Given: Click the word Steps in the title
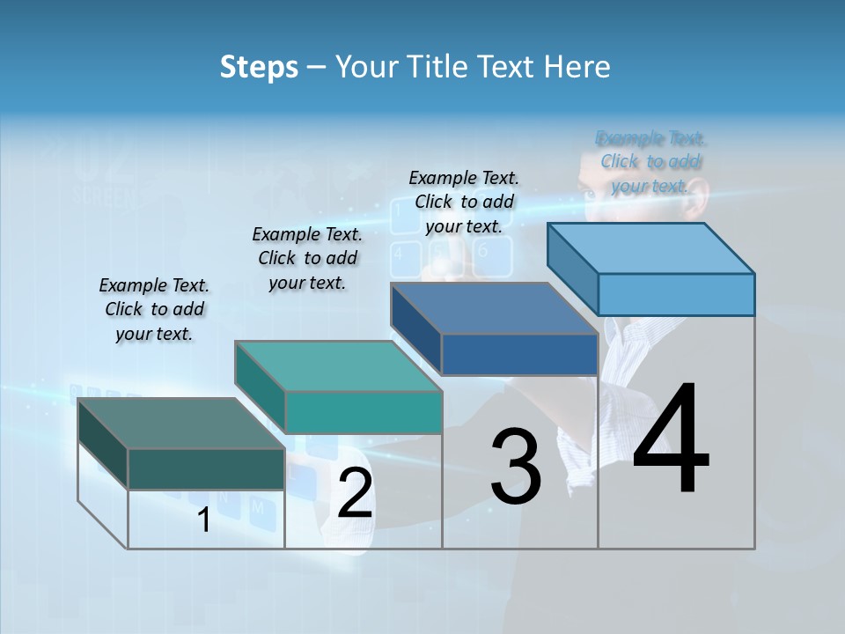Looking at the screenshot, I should [259, 67].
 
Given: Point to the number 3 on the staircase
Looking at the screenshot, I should [516, 466].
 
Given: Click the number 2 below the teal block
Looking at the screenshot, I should [355, 493].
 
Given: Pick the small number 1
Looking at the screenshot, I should [204, 520].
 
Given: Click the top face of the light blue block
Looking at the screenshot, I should [650, 247].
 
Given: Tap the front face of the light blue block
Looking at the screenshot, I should [676, 294].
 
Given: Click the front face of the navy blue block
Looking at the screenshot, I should [519, 354].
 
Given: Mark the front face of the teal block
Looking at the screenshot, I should [363, 412].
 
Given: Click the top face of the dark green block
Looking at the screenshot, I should [180, 424].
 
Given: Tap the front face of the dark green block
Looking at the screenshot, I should [206, 468].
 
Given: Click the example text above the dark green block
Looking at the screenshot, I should [154, 309].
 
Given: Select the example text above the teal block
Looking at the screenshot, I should [307, 258].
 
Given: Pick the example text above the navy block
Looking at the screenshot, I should [464, 202].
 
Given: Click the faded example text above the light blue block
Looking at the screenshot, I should [650, 162].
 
